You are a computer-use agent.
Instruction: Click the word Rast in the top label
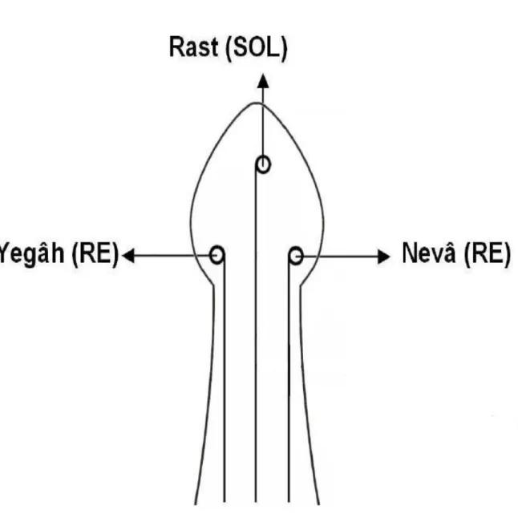pos(193,47)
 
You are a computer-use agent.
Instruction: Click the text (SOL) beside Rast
pos(256,49)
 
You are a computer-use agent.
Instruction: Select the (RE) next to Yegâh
pos(95,254)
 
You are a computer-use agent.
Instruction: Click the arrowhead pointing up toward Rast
pos(263,81)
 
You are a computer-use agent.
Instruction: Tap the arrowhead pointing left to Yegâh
pos(128,255)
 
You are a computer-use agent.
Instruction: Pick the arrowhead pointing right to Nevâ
pos(384,257)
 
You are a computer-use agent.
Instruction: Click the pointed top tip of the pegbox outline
pos(257,103)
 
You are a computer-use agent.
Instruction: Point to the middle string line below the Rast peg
pos(255,334)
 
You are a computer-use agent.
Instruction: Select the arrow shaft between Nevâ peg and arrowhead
pos(340,257)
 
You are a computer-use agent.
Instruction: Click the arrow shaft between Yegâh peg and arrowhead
pos(172,255)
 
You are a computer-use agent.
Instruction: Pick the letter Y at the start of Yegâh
pos(5,253)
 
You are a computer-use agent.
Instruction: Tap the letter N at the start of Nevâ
pos(410,253)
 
